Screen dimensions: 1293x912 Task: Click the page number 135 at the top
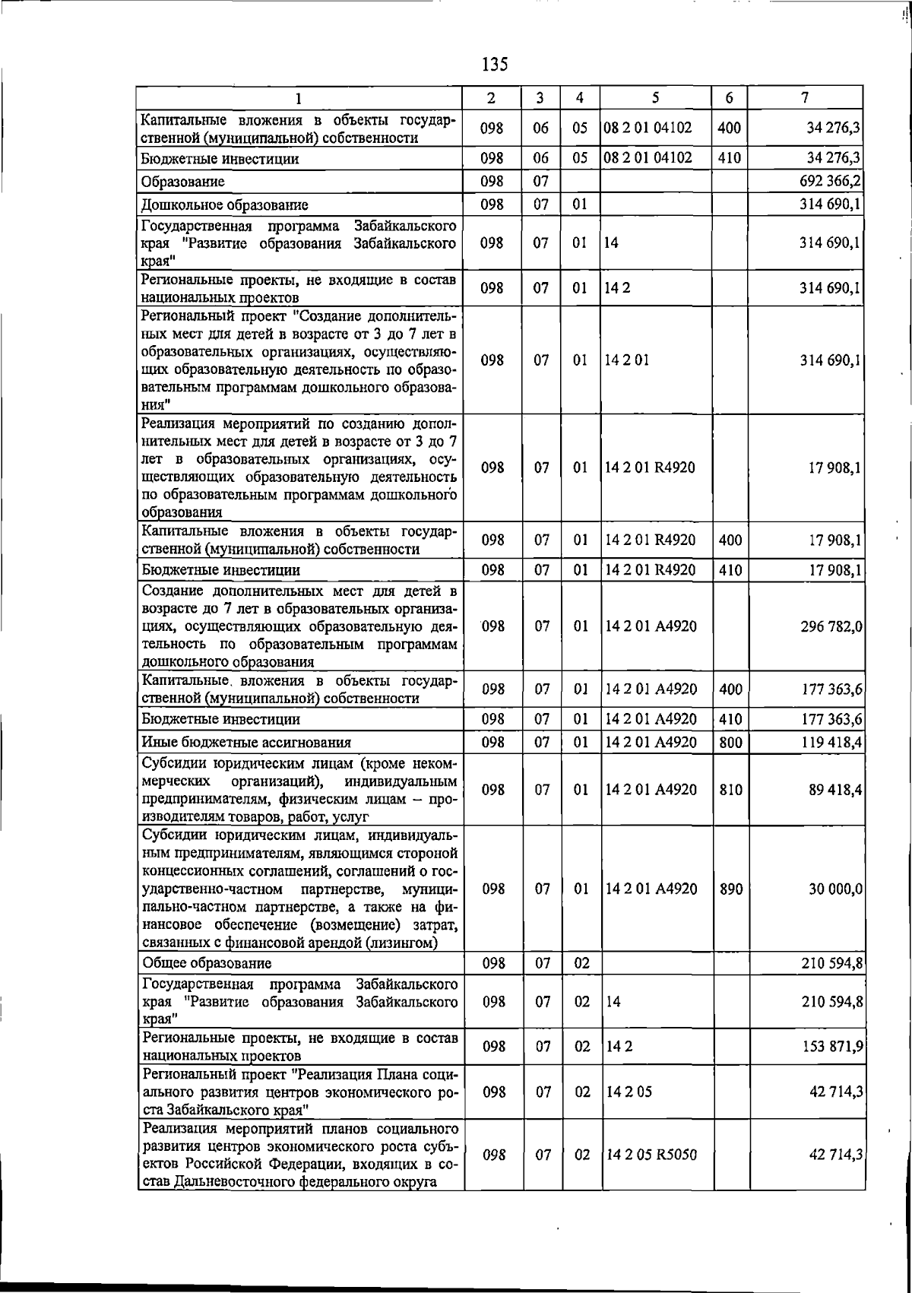(x=495, y=64)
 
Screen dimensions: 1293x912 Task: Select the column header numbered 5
(x=654, y=97)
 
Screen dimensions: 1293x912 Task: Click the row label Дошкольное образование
(x=224, y=204)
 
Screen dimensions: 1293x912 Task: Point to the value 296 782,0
(x=831, y=627)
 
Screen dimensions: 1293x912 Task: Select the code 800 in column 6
(x=730, y=743)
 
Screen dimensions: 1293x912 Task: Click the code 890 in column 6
(x=730, y=889)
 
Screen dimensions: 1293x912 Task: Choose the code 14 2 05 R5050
(x=651, y=1155)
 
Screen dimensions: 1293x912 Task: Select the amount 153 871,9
(x=831, y=1047)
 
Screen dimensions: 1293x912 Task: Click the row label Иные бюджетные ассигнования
(x=246, y=743)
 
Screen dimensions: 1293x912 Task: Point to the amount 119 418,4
(x=831, y=743)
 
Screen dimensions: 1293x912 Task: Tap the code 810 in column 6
(x=730, y=790)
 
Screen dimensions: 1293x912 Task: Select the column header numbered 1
(x=299, y=98)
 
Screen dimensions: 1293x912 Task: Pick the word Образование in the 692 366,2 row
(x=182, y=182)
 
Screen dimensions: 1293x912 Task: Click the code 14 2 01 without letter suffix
(x=627, y=360)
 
